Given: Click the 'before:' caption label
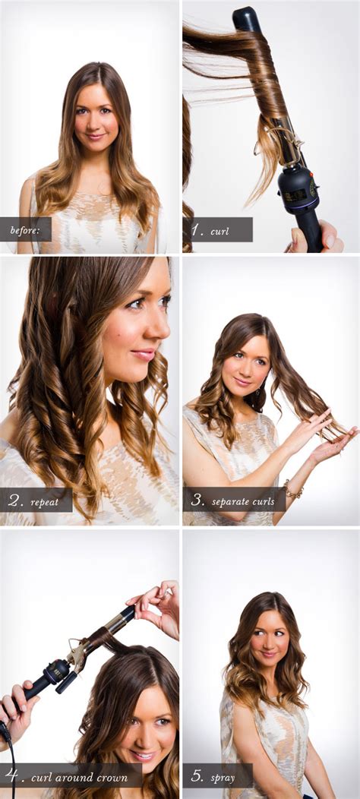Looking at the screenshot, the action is tap(24, 230).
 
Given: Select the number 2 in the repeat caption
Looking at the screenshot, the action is tap(14, 501).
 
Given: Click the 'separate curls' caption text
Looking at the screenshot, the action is tap(243, 501).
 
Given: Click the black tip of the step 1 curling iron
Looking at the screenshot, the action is tap(247, 19).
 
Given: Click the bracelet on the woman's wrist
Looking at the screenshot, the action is tap(292, 490).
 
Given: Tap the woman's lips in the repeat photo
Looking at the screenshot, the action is tap(144, 355).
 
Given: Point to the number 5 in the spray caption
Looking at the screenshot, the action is tap(197, 776).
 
